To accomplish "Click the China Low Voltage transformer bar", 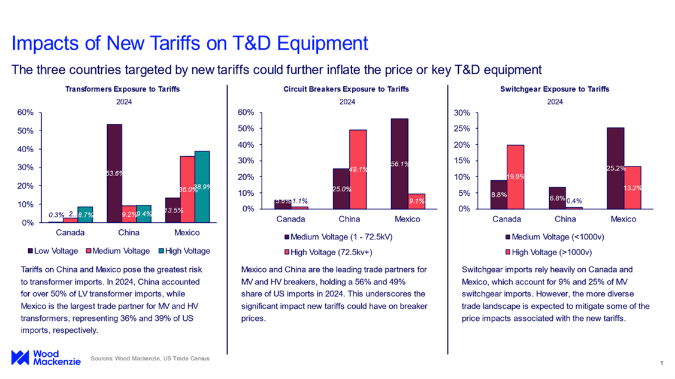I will [x=114, y=173].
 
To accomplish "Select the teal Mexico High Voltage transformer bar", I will [x=202, y=186].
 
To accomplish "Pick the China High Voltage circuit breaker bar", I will [x=358, y=169].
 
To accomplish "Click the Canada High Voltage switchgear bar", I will [x=515, y=177].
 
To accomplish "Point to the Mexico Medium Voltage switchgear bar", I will [x=615, y=168].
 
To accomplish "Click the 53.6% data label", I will [x=114, y=173].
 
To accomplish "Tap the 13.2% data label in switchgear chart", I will [x=632, y=187].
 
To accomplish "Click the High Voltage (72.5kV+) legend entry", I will [x=330, y=251].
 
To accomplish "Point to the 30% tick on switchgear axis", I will [x=477, y=113].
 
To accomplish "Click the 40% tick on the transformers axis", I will [x=25, y=149].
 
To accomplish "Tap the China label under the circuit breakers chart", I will [x=349, y=219].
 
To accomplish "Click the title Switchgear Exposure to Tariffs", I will [x=555, y=89].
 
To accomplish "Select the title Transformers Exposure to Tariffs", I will [x=122, y=89].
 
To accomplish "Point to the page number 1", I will [x=661, y=363].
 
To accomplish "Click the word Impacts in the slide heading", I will [x=46, y=43].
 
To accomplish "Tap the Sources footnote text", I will [x=150, y=359].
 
